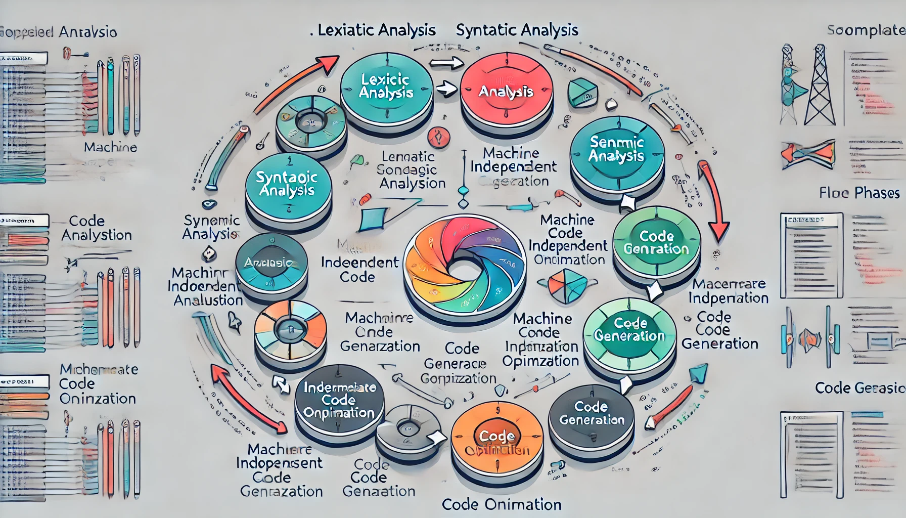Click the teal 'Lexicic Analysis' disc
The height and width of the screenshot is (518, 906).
point(386,87)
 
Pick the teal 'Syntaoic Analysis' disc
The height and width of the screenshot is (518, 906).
point(287,184)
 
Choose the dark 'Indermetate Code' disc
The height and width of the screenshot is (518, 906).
point(339,400)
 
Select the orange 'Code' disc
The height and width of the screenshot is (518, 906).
point(496,437)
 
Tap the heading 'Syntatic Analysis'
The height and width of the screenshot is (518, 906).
point(517,30)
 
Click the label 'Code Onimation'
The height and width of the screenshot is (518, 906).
point(502,504)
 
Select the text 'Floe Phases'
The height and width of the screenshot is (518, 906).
point(859,193)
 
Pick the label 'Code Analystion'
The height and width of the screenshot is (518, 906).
point(96,228)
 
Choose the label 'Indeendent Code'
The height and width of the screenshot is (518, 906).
point(359,269)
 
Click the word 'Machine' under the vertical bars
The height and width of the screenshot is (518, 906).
point(110,147)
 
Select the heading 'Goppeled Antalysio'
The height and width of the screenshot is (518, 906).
point(59,32)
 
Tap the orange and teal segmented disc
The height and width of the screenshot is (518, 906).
point(290,328)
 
